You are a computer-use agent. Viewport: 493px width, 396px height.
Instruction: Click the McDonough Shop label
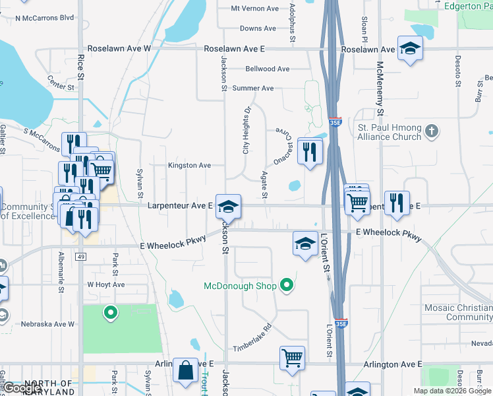239,286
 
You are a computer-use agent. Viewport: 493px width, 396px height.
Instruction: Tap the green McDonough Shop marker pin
287,286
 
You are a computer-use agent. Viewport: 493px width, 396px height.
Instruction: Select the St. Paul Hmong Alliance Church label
389,132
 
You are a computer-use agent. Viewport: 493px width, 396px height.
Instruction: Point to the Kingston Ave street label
189,165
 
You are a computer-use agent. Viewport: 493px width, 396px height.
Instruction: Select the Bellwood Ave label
267,69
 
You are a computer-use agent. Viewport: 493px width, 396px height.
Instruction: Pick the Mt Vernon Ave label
254,9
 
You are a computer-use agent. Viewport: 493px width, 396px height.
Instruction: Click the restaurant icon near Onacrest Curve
308,152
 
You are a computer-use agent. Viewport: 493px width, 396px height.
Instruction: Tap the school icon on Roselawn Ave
409,49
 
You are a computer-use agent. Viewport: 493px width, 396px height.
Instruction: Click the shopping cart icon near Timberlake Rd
292,358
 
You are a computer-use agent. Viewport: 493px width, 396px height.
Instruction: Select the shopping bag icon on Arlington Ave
185,371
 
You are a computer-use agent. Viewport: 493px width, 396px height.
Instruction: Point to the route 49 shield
80,256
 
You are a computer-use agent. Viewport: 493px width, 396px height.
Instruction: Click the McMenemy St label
380,92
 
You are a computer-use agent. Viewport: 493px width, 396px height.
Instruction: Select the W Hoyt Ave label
106,284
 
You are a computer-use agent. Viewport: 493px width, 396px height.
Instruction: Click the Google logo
22,388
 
